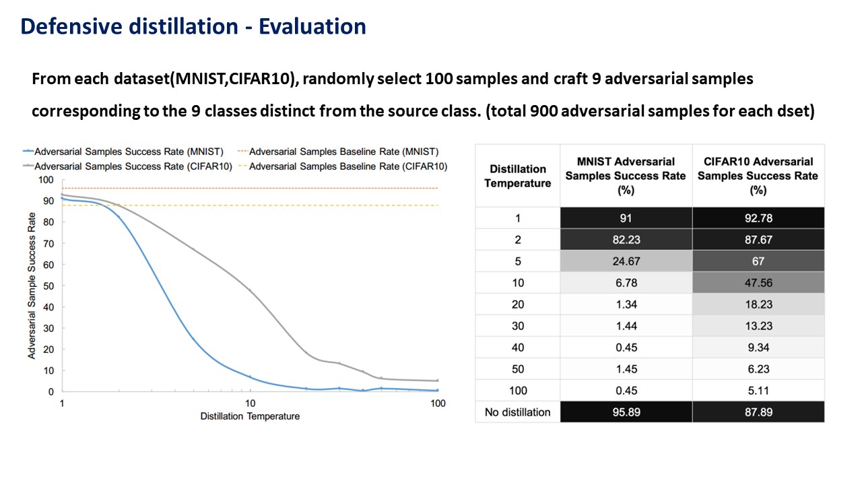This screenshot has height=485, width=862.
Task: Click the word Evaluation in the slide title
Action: pos(312,26)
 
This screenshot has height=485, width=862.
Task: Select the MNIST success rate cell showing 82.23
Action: pos(626,239)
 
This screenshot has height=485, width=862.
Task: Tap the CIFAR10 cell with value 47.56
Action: pos(758,282)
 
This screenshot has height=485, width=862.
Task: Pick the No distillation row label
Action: pos(518,412)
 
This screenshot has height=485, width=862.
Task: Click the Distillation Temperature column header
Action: pos(518,176)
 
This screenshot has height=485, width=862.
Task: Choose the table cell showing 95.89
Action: pos(626,412)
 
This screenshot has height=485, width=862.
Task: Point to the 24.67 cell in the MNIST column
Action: pos(626,261)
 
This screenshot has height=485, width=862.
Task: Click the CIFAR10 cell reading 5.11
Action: pos(758,390)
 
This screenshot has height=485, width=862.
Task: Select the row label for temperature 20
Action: pos(518,304)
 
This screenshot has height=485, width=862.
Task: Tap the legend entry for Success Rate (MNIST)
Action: pos(123,152)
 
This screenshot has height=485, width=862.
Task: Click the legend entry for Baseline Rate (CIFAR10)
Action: pos(343,166)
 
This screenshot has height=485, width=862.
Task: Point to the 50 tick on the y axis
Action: pos(48,286)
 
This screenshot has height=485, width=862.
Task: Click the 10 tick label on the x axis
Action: pos(250,403)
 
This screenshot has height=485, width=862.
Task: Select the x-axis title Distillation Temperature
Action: pos(250,416)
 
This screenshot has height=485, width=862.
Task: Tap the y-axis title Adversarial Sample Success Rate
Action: pos(32,286)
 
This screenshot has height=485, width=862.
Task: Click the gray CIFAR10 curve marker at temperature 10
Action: pos(250,290)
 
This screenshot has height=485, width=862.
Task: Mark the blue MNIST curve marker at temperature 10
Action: pos(250,377)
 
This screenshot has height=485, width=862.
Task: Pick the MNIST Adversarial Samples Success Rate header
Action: pos(626,176)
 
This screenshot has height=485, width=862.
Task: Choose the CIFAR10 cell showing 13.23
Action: pos(758,325)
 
